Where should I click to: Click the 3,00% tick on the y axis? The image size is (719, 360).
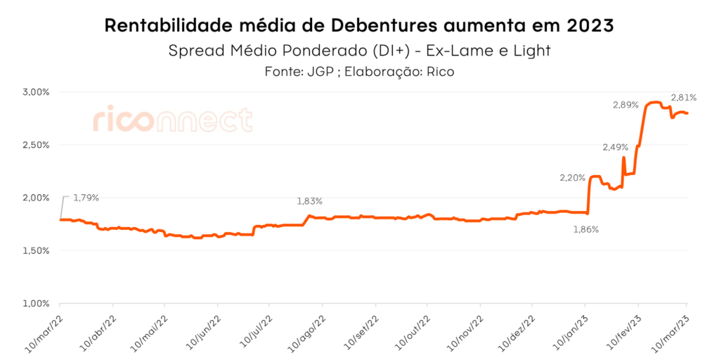(x=37, y=92)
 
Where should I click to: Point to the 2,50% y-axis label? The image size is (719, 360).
(x=37, y=145)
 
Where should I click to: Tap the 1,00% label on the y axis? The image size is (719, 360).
(x=37, y=303)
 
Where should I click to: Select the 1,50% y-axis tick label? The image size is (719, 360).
(x=37, y=250)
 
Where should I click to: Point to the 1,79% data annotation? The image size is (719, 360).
(x=86, y=198)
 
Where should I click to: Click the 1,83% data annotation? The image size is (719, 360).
(x=309, y=201)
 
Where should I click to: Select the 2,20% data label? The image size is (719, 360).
(x=572, y=178)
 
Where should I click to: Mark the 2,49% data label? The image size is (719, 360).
(x=615, y=147)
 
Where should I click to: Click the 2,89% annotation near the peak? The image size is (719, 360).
(x=626, y=105)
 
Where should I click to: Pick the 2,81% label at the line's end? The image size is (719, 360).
(x=683, y=98)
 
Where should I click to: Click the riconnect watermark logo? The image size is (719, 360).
(x=172, y=120)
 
